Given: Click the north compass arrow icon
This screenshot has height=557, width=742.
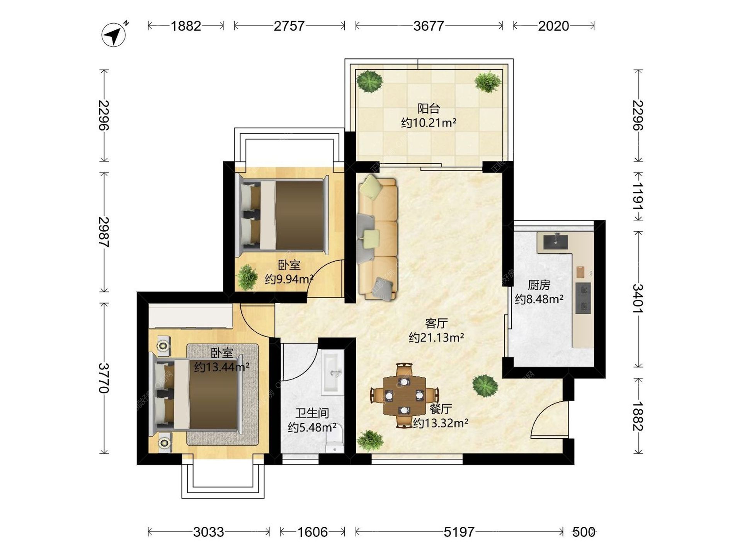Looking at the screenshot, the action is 114,35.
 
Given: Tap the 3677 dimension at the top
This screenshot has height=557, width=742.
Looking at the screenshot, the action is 429,26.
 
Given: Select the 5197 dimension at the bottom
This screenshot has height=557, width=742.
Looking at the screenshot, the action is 459,532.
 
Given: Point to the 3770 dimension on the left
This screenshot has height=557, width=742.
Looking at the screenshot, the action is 104,378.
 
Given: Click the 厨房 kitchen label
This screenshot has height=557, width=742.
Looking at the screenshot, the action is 539,285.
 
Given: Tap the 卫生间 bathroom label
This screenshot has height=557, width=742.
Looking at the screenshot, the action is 312,413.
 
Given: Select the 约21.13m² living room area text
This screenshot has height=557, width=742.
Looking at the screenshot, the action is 436,337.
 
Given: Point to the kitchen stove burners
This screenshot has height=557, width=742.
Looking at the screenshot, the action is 583,298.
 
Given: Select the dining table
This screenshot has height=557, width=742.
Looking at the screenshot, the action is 404,395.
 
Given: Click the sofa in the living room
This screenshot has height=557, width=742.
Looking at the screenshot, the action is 377,237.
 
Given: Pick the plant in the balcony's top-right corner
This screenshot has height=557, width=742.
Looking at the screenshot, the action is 488,82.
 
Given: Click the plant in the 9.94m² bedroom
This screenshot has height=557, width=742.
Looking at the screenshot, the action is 247,277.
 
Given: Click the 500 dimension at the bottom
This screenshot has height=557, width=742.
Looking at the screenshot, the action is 584,532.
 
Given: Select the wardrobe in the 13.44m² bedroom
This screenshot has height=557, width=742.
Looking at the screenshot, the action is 191,316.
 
